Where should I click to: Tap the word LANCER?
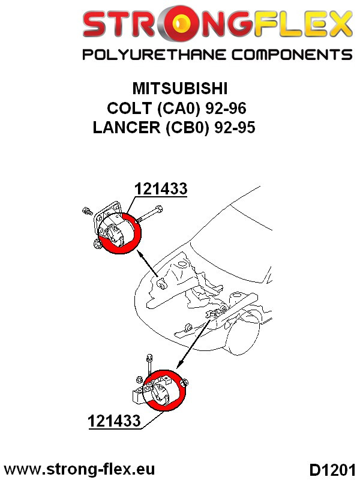(x=124, y=128)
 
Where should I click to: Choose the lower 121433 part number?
(x=114, y=421)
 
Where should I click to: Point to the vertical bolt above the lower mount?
(x=148, y=364)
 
